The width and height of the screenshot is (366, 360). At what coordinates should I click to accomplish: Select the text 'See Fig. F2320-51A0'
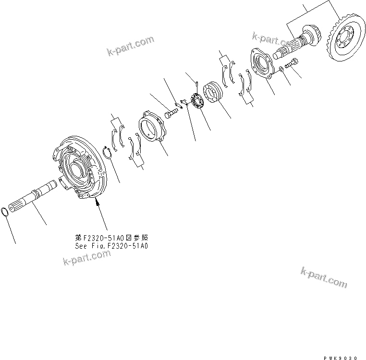click(x=111, y=245)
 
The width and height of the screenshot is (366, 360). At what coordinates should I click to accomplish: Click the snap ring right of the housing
click(x=109, y=153)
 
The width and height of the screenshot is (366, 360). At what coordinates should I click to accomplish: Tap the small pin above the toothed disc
click(x=197, y=85)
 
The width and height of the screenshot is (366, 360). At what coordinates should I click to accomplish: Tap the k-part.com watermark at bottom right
click(x=323, y=279)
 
